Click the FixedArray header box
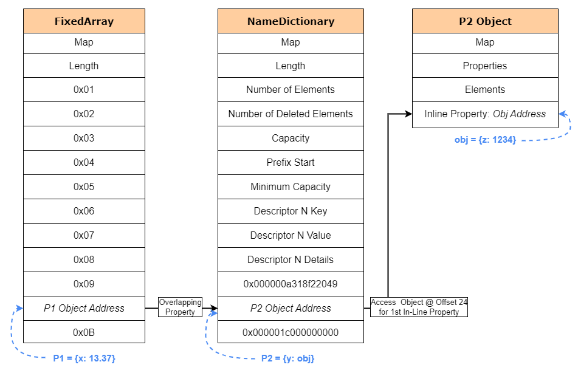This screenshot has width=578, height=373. click(x=84, y=21)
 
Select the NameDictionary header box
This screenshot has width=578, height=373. click(x=291, y=21)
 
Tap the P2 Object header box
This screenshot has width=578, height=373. click(x=485, y=21)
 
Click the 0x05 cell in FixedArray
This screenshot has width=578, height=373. click(x=84, y=187)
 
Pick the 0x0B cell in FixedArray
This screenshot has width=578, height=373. click(x=84, y=332)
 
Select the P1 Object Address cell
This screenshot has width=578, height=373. click(x=84, y=308)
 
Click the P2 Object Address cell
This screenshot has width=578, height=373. click(x=291, y=308)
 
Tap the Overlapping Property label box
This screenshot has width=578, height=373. click(x=180, y=307)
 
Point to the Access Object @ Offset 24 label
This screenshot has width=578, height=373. click(x=419, y=307)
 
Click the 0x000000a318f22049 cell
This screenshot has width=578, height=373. click(x=291, y=284)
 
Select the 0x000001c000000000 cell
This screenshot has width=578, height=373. click(x=291, y=332)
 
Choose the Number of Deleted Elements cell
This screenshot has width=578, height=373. click(x=291, y=114)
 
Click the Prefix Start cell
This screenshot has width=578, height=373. click(x=291, y=162)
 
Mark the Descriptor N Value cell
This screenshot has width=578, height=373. click(x=291, y=235)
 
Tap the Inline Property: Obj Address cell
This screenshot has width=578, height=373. click(x=485, y=114)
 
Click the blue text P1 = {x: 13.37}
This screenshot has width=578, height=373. click(x=84, y=358)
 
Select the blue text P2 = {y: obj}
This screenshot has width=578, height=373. click(x=287, y=358)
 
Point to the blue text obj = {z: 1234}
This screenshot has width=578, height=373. click(x=485, y=140)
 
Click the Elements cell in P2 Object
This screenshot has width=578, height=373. click(x=485, y=89)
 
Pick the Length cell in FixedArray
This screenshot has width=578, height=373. click(x=84, y=66)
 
